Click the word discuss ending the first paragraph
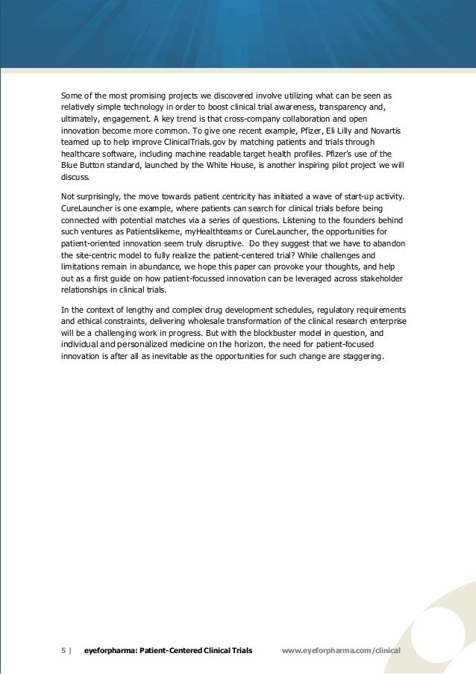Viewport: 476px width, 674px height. coord(75,178)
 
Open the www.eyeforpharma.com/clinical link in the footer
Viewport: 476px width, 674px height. coord(342,650)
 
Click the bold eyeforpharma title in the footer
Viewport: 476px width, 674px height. coord(168,650)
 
